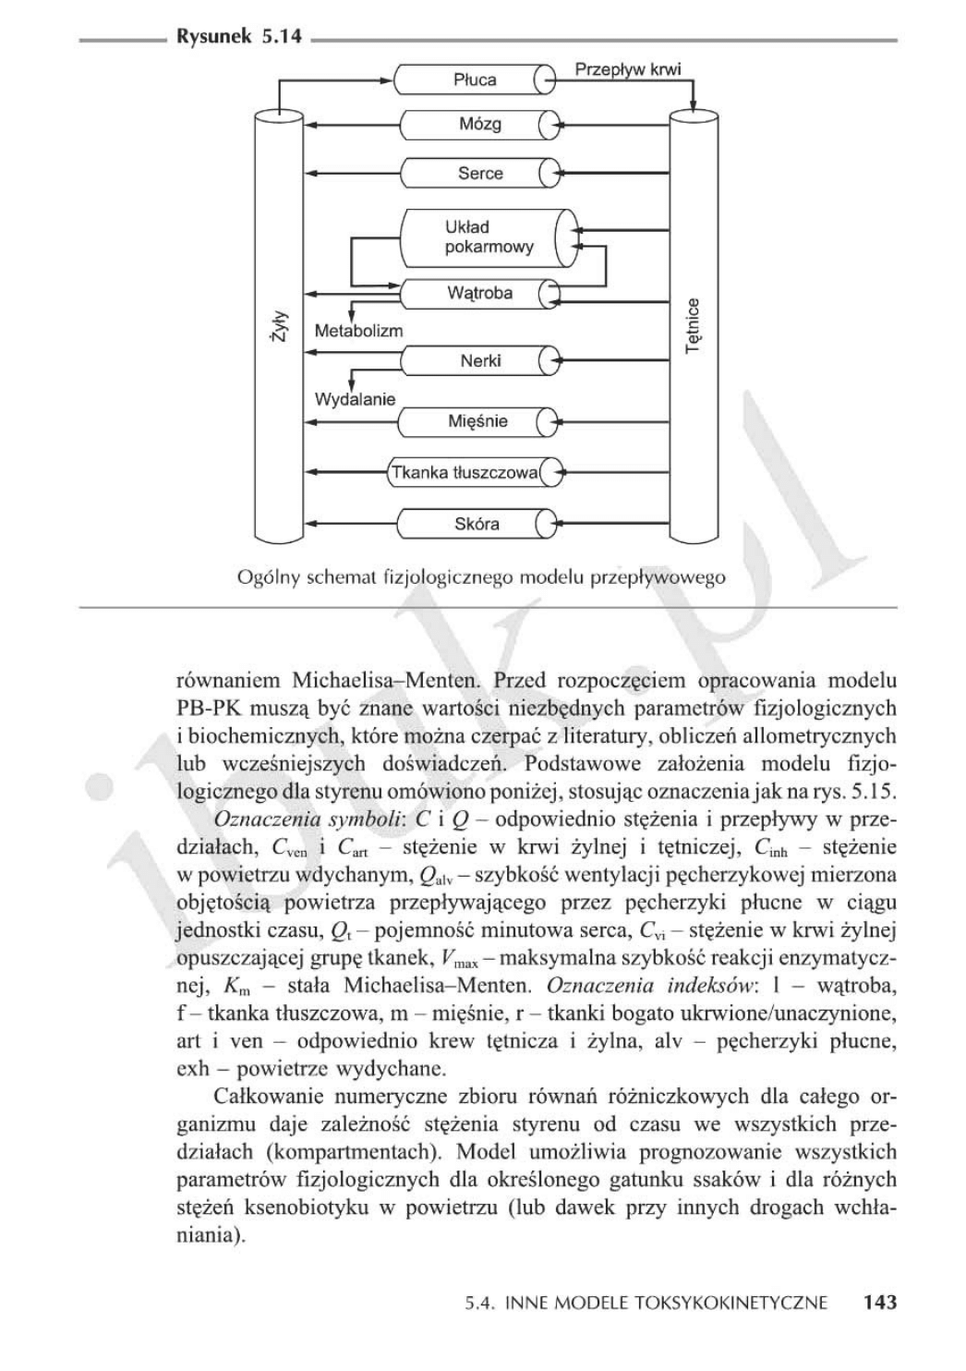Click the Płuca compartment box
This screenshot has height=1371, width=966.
pos(475,80)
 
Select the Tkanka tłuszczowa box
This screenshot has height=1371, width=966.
pos(464,473)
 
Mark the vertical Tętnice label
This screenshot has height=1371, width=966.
pos(694,325)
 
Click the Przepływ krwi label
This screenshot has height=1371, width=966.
pos(627,69)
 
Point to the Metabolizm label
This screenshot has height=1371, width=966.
pos(358,331)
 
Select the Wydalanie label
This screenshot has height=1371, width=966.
pos(355,399)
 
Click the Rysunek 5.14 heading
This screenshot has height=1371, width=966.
pos(237,40)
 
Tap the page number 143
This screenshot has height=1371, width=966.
pos(879,1303)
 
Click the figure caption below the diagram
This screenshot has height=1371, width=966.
pos(481,578)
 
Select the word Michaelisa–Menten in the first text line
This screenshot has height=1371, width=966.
pos(387,682)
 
